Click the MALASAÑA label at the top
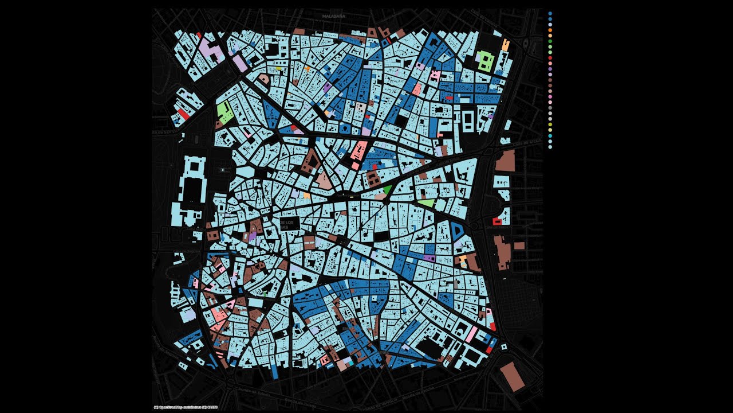click(x=334, y=17)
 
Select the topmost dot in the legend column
click(x=550, y=13)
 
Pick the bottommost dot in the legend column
click(x=550, y=147)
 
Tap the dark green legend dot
click(x=550, y=42)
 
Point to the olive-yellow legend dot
click(x=550, y=124)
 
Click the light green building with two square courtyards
click(x=485, y=60)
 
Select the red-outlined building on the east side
click(x=497, y=221)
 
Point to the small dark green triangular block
click(x=387, y=189)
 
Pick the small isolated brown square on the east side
click(x=519, y=246)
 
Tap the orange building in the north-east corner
click(x=505, y=44)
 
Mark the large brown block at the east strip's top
click(x=505, y=161)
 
